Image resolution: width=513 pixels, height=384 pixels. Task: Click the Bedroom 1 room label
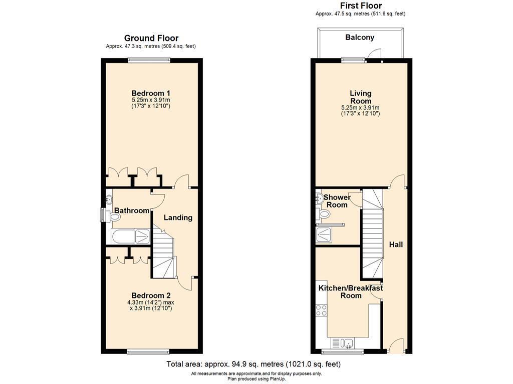point(150,93)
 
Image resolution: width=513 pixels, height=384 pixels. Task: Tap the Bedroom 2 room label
point(151,296)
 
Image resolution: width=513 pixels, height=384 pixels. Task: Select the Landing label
point(178,218)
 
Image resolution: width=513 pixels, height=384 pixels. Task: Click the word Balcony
point(360,37)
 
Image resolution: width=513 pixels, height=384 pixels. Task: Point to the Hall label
point(396,244)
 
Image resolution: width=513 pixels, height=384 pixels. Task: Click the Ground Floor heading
point(151,38)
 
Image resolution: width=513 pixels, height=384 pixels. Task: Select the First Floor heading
point(361,5)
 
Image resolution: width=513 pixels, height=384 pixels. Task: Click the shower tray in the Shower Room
point(324,234)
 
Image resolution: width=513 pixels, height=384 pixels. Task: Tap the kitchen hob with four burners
point(321,310)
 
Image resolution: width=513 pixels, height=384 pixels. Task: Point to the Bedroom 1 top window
point(149,60)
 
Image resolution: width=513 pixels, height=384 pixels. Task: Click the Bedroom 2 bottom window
point(148,351)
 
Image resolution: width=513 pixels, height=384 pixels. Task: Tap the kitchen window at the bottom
point(343,351)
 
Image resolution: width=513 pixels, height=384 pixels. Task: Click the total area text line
point(253,364)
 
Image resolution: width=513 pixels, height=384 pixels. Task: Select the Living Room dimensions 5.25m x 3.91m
point(360,108)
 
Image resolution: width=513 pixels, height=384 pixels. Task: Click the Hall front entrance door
point(397,346)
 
